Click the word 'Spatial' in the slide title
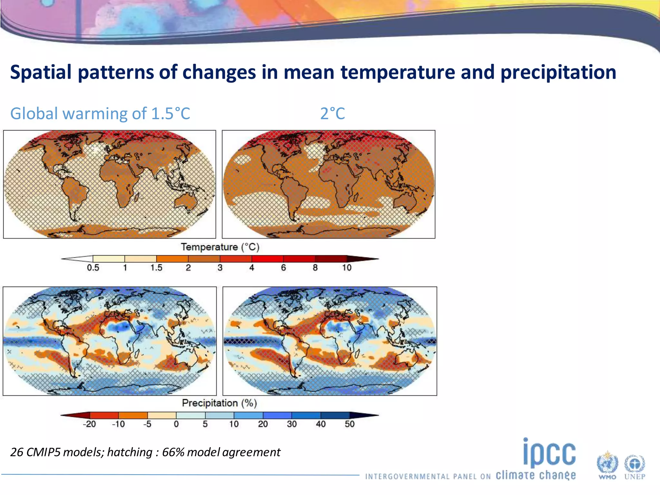(x=41, y=72)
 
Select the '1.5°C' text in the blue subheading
(x=170, y=113)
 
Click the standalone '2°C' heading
(x=332, y=113)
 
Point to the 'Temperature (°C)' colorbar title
(x=220, y=247)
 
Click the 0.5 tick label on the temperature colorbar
(x=93, y=268)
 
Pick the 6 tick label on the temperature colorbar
(x=283, y=268)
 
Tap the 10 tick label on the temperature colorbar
(x=346, y=268)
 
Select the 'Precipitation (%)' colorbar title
(x=219, y=403)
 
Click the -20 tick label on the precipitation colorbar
(x=89, y=424)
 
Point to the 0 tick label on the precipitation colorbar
(x=176, y=424)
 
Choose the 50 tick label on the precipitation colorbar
(x=349, y=424)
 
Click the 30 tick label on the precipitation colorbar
(x=292, y=424)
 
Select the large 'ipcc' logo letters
(x=549, y=453)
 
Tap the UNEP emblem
(x=635, y=466)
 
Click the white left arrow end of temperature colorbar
(x=77, y=259)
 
